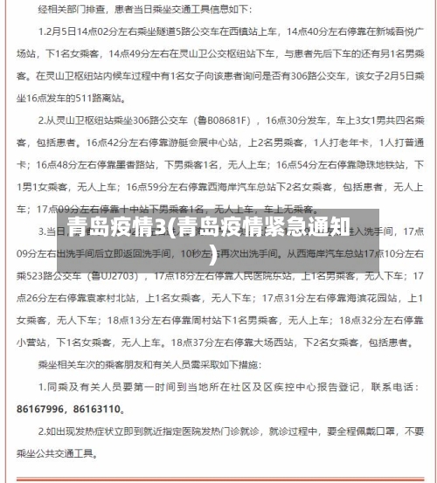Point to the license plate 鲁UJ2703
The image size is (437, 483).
[110, 276]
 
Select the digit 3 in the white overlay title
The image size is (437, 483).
[184, 229]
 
